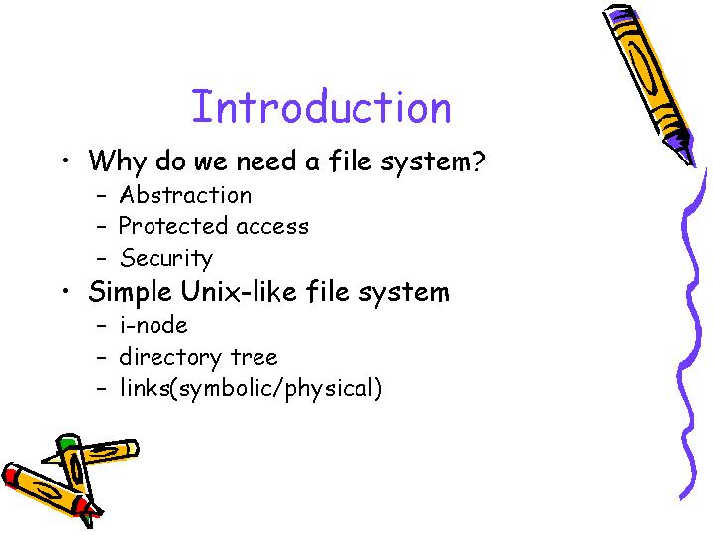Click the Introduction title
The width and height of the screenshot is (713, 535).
pos(321,106)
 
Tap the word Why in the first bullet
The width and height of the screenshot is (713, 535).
pos(118,161)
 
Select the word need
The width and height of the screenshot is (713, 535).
pos(266,160)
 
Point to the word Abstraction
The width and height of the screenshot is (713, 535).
pos(185,195)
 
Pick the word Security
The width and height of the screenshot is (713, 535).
pos(166,258)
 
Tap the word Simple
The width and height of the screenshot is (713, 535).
pos(131,291)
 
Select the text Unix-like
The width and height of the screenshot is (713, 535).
pos(239,291)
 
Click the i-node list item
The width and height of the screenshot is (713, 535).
pos(153,325)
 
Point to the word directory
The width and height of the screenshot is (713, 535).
pos(170,357)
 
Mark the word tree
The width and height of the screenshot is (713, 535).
pos(255,357)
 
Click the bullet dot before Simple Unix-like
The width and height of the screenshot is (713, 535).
pos(66,291)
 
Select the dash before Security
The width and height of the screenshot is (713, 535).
pos(101,259)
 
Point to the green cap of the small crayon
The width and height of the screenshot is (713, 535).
pos(68,441)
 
